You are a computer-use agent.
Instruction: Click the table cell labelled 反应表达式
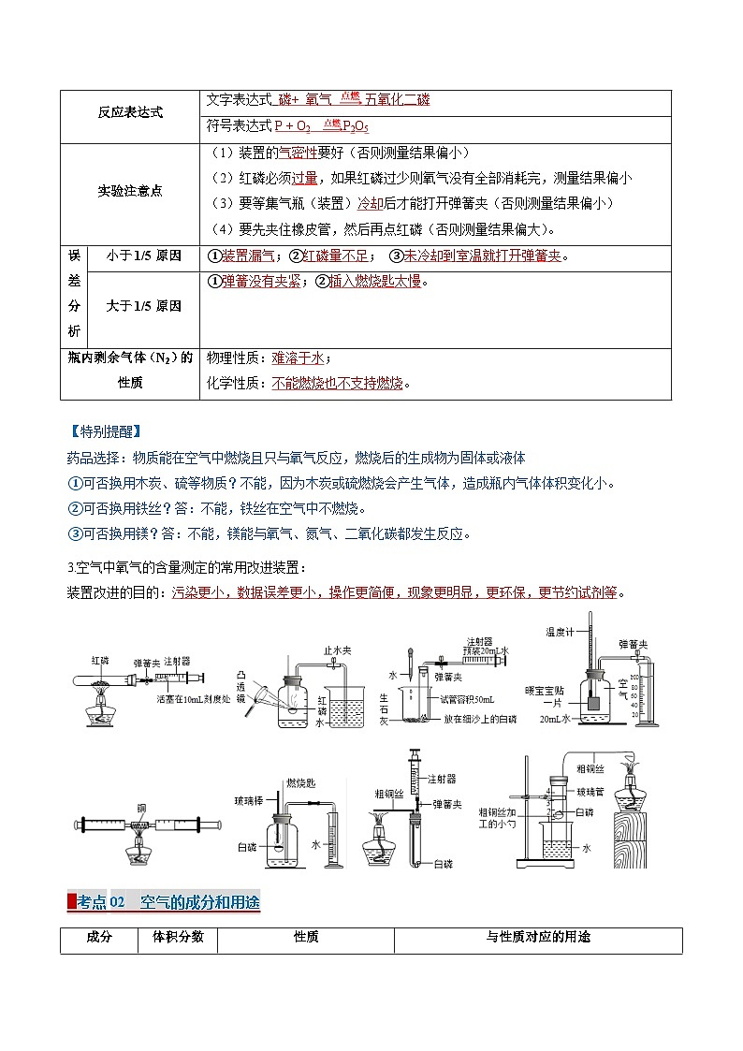coord(130,112)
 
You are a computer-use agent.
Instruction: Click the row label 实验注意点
coord(130,191)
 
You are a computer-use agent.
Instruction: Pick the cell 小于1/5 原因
coord(144,255)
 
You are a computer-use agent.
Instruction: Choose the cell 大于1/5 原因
coord(144,306)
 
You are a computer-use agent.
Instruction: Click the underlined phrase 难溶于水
coord(298,358)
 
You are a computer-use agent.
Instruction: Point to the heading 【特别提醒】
coord(105,431)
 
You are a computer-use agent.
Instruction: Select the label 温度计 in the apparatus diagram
coord(561,632)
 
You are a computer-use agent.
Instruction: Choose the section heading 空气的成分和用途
coord(199,902)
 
